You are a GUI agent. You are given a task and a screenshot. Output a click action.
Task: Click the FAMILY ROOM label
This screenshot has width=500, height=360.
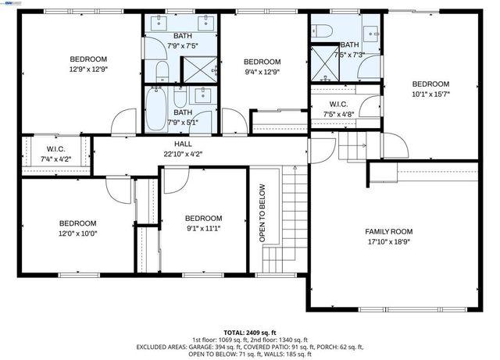click(389, 231)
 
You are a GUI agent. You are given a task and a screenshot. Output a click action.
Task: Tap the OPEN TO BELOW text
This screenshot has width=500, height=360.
click(262, 212)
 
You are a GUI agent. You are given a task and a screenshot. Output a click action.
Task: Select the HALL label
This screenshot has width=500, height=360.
click(182, 144)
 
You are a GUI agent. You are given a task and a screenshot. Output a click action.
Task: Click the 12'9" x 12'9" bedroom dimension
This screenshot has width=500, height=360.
click(88, 70)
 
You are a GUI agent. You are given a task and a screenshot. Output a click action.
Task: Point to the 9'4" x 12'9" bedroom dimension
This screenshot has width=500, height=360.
click(262, 73)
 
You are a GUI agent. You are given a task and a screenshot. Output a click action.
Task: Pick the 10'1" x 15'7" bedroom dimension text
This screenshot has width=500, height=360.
click(430, 94)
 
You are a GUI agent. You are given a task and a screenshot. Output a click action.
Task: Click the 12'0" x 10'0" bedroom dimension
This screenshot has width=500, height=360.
click(78, 232)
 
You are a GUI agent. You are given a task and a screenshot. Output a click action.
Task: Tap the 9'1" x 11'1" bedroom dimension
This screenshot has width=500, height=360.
click(203, 228)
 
